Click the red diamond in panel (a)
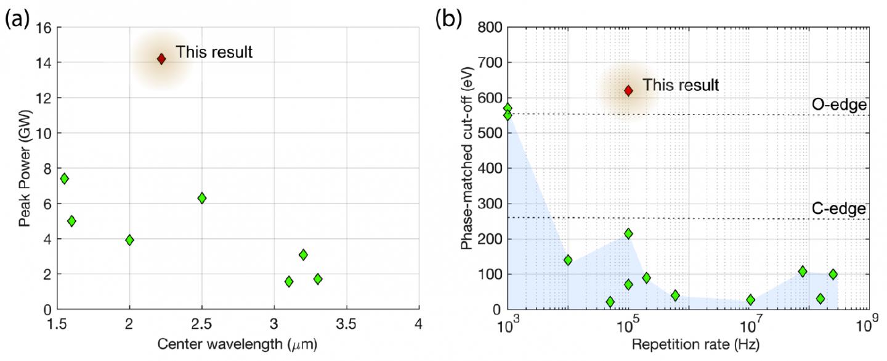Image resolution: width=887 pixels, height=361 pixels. (161, 59)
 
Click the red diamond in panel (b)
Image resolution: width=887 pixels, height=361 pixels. (628, 91)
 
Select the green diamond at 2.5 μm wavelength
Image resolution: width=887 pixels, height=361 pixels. (201, 198)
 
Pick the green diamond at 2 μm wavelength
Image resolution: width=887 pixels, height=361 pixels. (129, 240)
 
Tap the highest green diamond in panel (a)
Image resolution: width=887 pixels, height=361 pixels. (64, 178)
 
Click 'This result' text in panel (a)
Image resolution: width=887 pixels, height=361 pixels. (214, 52)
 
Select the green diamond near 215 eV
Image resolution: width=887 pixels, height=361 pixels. (628, 233)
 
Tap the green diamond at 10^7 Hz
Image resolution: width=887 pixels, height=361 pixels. (750, 300)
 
